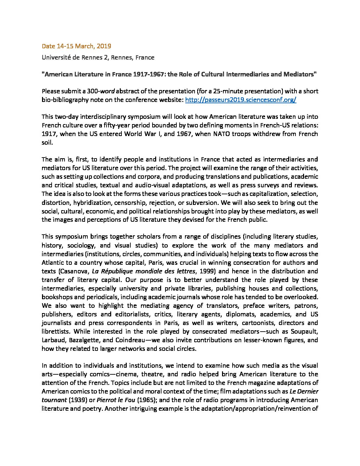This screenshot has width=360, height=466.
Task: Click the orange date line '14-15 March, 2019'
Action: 76,46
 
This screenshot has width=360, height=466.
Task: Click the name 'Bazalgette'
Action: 82,340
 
